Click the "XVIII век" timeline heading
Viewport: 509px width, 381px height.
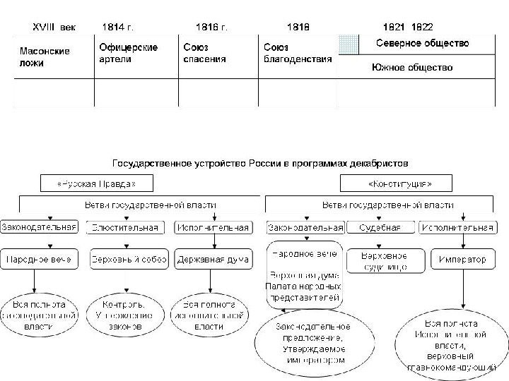pyautogui.click(x=55, y=27)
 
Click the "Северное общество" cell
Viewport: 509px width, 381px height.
pyautogui.click(x=422, y=43)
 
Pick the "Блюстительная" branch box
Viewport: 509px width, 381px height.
pyautogui.click(x=127, y=227)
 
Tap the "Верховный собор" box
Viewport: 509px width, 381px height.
pyautogui.click(x=129, y=260)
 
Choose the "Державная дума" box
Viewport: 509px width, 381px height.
pyautogui.click(x=213, y=260)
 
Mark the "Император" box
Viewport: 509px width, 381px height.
pyautogui.click(x=462, y=260)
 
